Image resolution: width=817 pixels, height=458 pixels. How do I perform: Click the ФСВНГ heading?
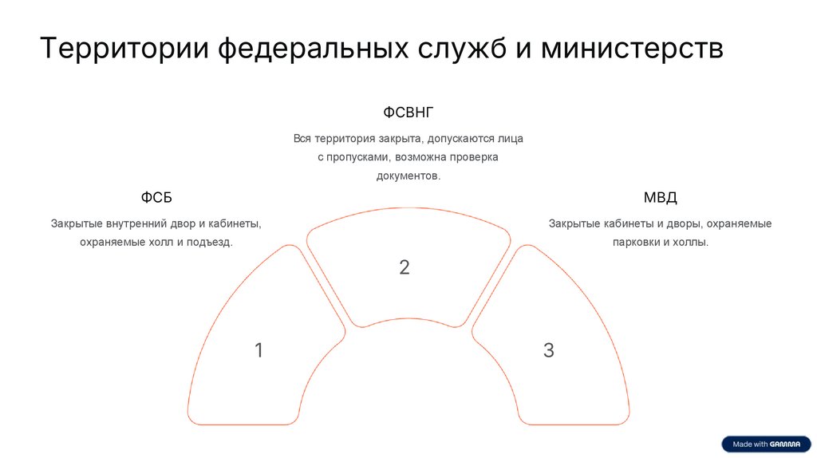[x=408, y=112]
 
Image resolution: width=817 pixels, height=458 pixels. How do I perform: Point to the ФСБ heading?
[x=156, y=198]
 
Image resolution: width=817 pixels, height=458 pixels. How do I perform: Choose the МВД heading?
[x=660, y=198]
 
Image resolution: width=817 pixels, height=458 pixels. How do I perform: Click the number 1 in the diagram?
[x=259, y=349]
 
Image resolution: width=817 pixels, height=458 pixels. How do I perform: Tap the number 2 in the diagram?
[x=405, y=267]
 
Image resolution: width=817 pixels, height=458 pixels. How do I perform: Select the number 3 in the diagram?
[x=549, y=349]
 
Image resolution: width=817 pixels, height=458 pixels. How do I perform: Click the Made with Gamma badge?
[x=766, y=444]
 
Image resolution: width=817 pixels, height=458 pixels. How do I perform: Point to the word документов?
[x=408, y=176]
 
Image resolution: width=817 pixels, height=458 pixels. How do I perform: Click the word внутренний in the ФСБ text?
[x=135, y=223]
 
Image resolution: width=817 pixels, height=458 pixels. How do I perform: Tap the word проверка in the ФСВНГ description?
[x=474, y=157]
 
